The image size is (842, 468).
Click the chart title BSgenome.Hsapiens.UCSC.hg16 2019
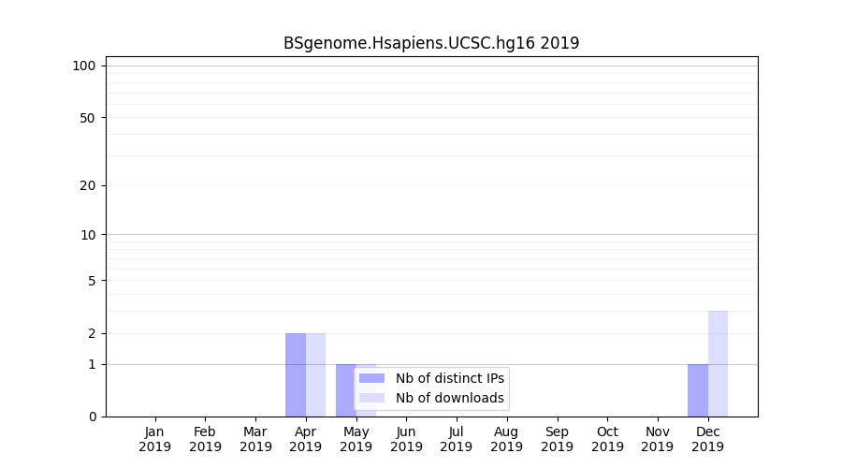[431, 43]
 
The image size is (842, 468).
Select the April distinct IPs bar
[296, 374]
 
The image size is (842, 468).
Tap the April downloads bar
[315, 374]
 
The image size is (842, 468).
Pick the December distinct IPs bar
[698, 389]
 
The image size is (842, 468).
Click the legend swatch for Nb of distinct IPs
[371, 378]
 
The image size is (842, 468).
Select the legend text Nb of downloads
[449, 398]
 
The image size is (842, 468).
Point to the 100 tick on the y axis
[84, 66]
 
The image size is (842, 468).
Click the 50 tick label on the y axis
[88, 118]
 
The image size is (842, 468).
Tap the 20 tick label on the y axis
[88, 185]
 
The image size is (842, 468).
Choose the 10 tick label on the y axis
[88, 235]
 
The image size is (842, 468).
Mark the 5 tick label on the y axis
[92, 281]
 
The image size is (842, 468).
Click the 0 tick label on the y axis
[92, 417]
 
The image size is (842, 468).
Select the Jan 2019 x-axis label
[155, 439]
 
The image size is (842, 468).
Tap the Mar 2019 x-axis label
[255, 439]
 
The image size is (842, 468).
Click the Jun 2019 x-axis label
[406, 439]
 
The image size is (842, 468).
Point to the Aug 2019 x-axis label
[507, 439]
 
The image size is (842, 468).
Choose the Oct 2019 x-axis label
[607, 439]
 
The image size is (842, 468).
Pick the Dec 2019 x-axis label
[707, 439]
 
